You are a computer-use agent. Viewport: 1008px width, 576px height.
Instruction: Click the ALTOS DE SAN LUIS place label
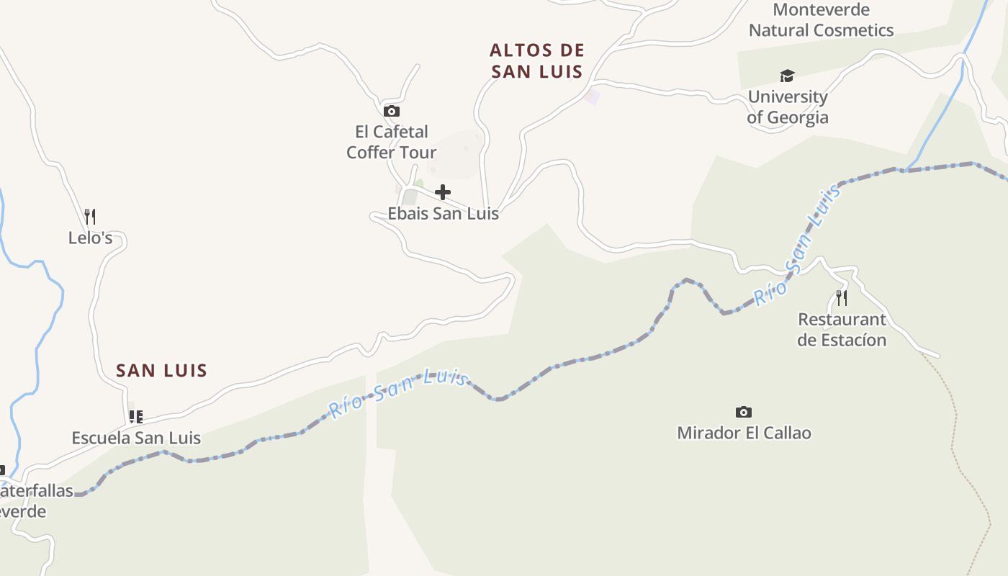pos(536,60)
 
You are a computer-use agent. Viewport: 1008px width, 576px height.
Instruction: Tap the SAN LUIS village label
pos(161,371)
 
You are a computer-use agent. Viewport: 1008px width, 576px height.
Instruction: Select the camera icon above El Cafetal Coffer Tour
pos(392,111)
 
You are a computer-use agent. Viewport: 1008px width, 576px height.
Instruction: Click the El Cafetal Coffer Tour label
pos(391,142)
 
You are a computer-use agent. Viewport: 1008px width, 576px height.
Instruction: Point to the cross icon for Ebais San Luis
pos(443,192)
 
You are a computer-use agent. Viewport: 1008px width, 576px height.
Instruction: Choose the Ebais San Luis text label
pos(443,213)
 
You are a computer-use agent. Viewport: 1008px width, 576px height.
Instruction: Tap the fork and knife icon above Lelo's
pos(90,216)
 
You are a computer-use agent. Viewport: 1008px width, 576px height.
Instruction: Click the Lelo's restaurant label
pos(90,238)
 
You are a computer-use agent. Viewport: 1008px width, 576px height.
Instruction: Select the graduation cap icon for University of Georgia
pos(787,76)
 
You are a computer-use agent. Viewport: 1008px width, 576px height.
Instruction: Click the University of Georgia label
pos(787,107)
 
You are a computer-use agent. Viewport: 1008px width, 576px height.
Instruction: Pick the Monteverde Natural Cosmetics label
pos(821,20)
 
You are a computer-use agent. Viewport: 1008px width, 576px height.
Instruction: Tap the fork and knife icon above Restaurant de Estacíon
pos(841,297)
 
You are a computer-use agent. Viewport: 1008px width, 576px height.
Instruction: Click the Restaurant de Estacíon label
pos(841,329)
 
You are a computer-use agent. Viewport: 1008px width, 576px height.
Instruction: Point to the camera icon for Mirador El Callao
pos(744,412)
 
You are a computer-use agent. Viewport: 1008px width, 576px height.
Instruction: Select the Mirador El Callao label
pos(744,433)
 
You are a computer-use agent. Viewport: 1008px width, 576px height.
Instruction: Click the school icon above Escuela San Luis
pos(135,416)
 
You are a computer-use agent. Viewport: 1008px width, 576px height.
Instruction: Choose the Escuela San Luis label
pos(135,438)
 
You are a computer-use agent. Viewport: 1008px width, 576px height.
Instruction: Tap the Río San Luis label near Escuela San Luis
pos(398,392)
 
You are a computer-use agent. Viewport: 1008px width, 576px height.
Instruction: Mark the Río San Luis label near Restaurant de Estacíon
pos(798,245)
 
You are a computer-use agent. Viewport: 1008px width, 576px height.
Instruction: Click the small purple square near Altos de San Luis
pos(592,96)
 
